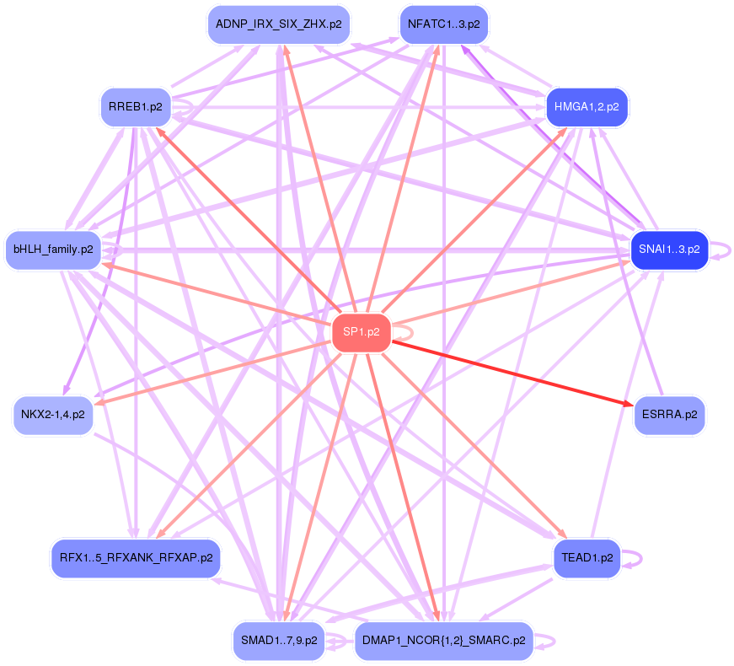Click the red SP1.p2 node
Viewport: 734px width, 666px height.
pyautogui.click(x=362, y=332)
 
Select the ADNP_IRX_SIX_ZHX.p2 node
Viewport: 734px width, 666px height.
pyautogui.click(x=279, y=24)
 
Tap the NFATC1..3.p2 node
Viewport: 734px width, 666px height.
pyautogui.click(x=443, y=24)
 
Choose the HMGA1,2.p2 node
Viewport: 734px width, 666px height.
pyautogui.click(x=587, y=107)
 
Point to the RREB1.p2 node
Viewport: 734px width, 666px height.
pyautogui.click(x=135, y=107)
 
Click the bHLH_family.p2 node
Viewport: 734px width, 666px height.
pyautogui.click(x=53, y=250)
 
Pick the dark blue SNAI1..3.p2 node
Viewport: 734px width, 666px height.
pyautogui.click(x=669, y=250)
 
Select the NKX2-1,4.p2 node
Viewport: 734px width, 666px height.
pyautogui.click(x=53, y=414)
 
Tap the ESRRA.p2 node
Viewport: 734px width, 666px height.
pyautogui.click(x=669, y=414)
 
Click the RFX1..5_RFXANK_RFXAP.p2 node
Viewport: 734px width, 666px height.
pyautogui.click(x=136, y=557)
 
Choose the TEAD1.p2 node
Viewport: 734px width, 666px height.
pyautogui.click(x=587, y=557)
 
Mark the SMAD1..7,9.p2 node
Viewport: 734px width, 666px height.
pyautogui.click(x=279, y=641)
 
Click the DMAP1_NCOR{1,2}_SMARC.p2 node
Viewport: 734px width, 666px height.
pyautogui.click(x=443, y=641)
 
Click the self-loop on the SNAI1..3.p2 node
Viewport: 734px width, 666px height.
pyautogui.click(x=722, y=250)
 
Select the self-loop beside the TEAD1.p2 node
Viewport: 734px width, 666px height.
pyautogui.click(x=636, y=557)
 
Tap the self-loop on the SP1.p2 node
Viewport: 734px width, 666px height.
pyautogui.click(x=405, y=332)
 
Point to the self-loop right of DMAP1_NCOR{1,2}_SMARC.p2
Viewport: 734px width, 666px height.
pyautogui.click(x=549, y=641)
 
